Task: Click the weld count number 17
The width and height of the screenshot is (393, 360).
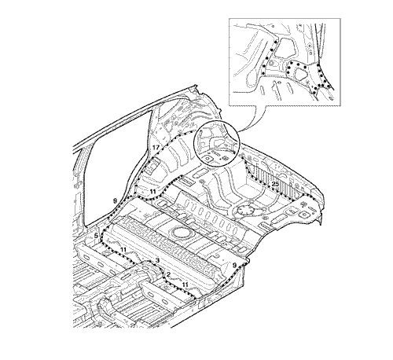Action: (156, 148)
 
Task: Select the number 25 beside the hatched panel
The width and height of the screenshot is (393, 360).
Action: (275, 184)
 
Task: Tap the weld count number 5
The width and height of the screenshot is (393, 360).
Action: (96, 236)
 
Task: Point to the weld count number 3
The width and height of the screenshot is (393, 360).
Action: (157, 260)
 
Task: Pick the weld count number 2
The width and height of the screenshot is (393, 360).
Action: (168, 274)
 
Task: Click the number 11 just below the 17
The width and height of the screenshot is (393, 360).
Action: (153, 192)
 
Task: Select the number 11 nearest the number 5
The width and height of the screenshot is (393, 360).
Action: (123, 250)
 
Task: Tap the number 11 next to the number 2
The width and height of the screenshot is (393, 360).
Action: (185, 285)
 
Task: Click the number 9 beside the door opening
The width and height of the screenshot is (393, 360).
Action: (114, 201)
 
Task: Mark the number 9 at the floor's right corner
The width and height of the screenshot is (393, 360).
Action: (234, 266)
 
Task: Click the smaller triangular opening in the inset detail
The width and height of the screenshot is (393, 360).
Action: (300, 74)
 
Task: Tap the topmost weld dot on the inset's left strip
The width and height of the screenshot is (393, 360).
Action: (275, 42)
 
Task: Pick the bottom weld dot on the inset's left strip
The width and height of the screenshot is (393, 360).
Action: (263, 74)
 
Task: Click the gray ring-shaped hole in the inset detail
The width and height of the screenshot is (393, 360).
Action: (271, 63)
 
